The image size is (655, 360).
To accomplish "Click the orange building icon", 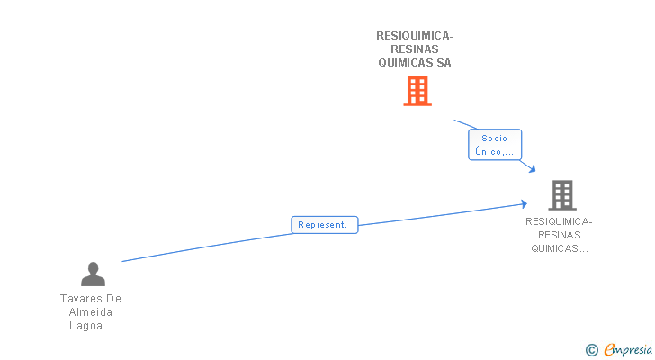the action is pos(417,91).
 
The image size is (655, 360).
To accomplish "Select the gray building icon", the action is pos(562,195).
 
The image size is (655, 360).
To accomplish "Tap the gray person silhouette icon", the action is pos(93,274).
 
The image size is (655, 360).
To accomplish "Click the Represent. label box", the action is pos(325,225).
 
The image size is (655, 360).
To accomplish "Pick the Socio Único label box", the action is pos(495,145).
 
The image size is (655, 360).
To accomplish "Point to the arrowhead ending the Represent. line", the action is pos(524,203).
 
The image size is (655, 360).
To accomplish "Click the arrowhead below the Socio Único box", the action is pos(532,168).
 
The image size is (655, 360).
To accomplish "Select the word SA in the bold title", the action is pos(444,63).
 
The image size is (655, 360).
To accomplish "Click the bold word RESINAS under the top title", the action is pos(415,49).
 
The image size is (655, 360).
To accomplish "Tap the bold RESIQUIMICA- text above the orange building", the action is pos(415,36).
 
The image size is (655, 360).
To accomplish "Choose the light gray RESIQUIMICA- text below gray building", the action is pos(559,221).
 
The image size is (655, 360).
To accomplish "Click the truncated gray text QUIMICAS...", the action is pos(560,248).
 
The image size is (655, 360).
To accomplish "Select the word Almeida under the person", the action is pos(91,312).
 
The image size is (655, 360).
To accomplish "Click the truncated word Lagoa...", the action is pos(91,326).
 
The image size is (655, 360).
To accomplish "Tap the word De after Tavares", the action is pos(113,299).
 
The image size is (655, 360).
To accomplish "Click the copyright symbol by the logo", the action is pos(591,350).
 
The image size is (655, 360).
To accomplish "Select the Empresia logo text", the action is pos(628,349).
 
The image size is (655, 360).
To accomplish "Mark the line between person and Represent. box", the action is pos(207,247).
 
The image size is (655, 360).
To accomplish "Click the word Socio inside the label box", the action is pos(495,139).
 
